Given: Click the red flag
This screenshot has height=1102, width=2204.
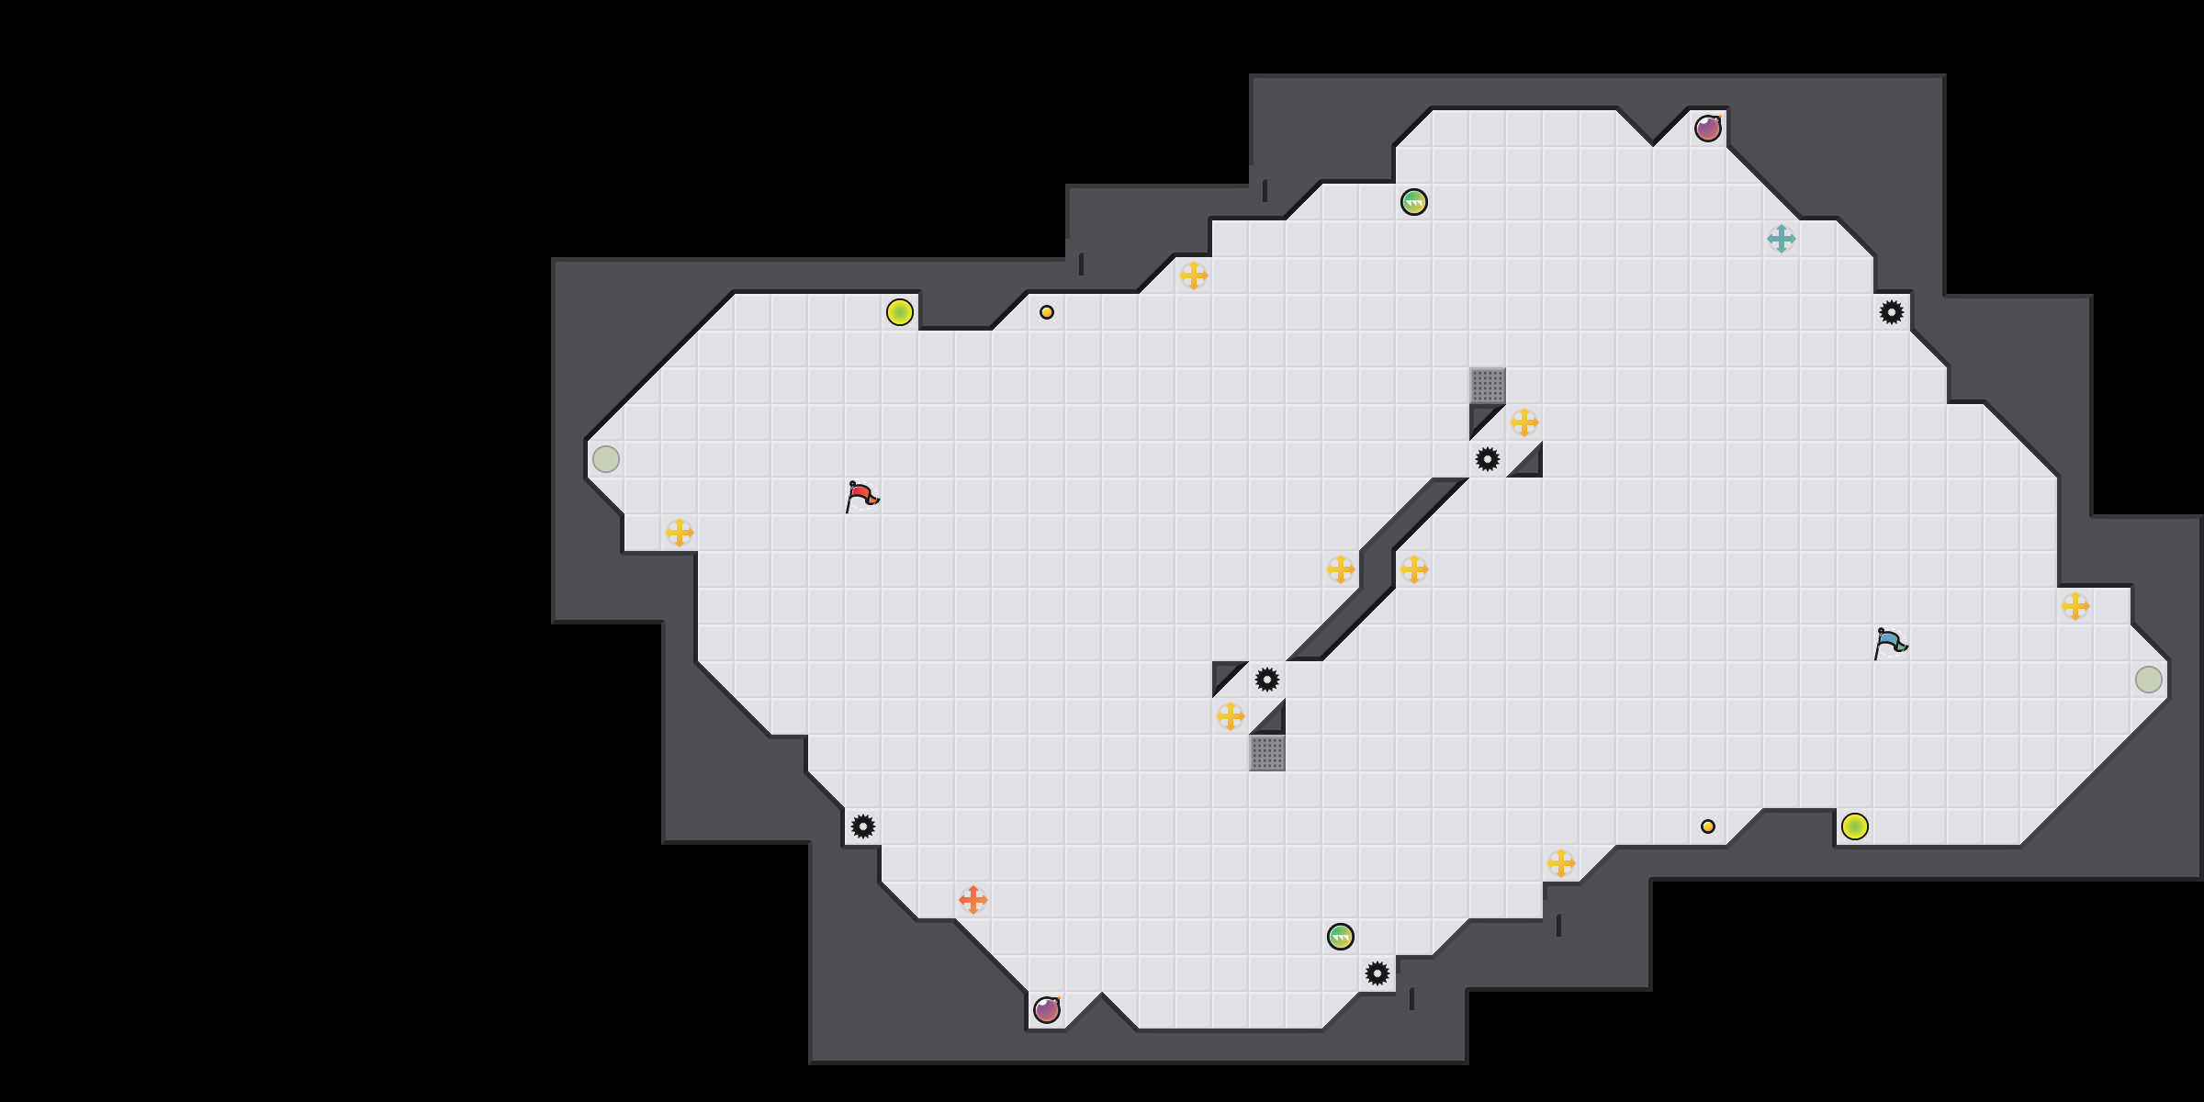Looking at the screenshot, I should (861, 496).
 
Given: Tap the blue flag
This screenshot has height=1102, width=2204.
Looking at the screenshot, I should (1890, 643).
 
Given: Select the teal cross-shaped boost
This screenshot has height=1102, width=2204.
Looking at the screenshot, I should (1782, 239).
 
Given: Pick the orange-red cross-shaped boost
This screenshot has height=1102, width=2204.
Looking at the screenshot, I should (973, 900).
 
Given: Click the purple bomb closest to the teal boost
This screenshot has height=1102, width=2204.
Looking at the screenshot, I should (1708, 129).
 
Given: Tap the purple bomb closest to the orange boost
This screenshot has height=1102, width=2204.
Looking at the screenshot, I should (1047, 1010).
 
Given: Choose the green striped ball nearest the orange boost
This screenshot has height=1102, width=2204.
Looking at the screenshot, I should (1341, 937).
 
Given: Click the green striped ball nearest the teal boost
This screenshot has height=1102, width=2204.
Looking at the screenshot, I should (1414, 202).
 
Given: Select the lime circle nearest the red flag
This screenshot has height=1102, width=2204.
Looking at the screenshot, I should (900, 312).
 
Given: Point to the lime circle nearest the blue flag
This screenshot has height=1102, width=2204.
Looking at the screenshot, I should (1855, 826).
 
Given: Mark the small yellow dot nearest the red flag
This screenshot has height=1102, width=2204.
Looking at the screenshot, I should (1047, 312).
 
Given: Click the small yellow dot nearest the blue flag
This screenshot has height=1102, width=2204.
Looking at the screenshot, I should (1708, 826).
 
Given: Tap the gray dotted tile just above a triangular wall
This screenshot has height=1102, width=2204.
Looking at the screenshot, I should (1488, 386).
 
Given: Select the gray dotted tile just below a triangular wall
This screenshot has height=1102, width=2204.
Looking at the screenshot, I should (1267, 753).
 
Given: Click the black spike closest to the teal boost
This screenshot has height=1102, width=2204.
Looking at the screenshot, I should (1892, 312).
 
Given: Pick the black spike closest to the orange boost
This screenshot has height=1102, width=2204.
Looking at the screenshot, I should (863, 826).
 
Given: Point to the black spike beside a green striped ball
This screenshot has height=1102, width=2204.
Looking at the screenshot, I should (1377, 973).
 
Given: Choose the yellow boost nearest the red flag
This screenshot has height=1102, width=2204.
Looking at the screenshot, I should (680, 533).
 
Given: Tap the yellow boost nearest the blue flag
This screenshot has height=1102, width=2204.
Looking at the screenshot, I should (2075, 606).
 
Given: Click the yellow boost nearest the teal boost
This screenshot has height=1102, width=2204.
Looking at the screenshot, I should (1524, 422).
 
